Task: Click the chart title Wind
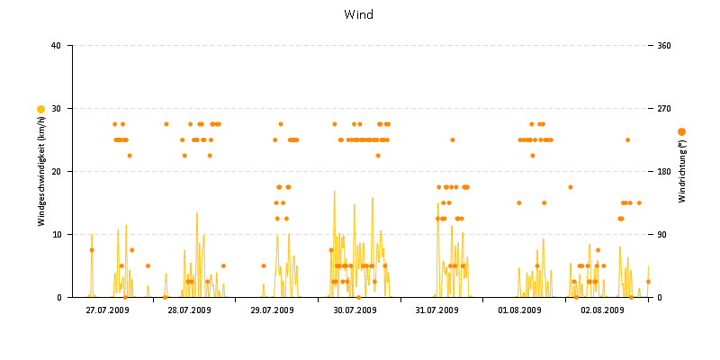click(x=359, y=14)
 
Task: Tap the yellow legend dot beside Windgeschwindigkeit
click(x=40, y=109)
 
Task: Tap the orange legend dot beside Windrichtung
click(x=681, y=132)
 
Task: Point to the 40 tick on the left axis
click(x=56, y=46)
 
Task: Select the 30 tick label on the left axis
click(x=56, y=109)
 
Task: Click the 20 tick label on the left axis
click(x=56, y=172)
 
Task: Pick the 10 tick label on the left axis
click(x=56, y=235)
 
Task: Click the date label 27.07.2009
click(x=107, y=310)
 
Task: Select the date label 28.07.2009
click(x=189, y=310)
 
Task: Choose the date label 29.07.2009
click(x=272, y=310)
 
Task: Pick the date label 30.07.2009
click(x=355, y=310)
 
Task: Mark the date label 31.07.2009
click(x=436, y=310)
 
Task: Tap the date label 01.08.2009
click(x=519, y=310)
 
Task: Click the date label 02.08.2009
click(x=602, y=310)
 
